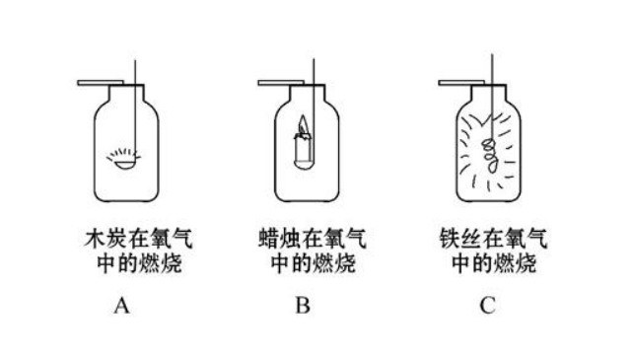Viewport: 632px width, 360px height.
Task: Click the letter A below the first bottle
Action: [x=121, y=305]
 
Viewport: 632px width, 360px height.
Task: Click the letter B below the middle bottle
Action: [x=304, y=305]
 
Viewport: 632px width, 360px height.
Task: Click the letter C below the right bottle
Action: [x=486, y=305]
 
